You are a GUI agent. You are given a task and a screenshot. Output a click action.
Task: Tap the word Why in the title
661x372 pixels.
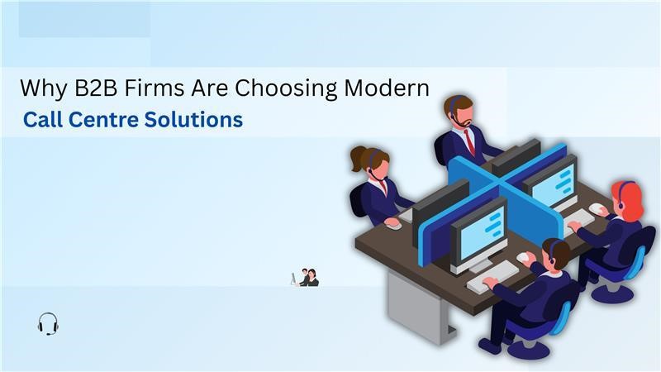click(39, 88)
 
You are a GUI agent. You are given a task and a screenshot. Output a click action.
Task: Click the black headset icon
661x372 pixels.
click(48, 323)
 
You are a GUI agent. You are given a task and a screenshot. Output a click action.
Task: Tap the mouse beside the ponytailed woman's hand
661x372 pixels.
click(392, 222)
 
